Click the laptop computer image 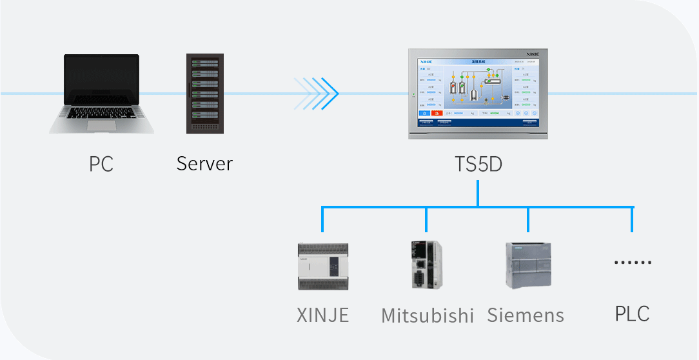pos(101,94)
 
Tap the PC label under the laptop pos(101,164)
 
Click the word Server pos(204,163)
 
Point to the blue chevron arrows pos(317,94)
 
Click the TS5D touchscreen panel pos(478,94)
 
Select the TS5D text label pos(478,165)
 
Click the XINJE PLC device pos(322,266)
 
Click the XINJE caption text pos(322,315)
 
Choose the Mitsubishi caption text pos(428,315)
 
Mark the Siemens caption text pos(526,315)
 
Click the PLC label pos(632,314)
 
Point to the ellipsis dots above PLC pos(633,263)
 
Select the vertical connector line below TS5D pos(478,194)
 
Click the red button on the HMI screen pos(437,114)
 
